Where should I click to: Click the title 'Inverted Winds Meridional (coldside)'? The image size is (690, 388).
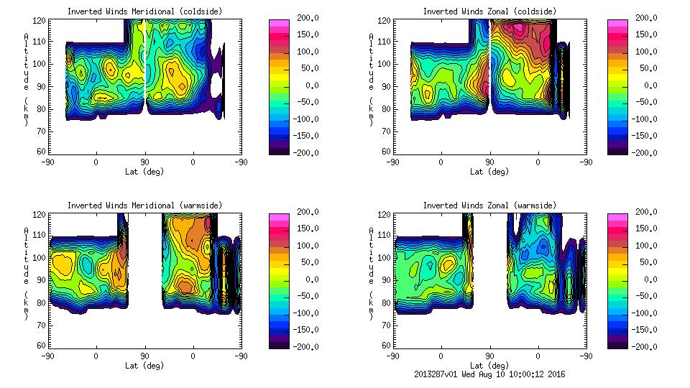coord(144,11)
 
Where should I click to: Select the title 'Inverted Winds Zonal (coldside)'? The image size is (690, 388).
coord(489,11)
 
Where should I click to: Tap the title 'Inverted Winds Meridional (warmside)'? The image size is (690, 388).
coord(144,205)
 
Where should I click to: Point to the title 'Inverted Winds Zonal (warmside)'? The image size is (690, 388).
coord(489,205)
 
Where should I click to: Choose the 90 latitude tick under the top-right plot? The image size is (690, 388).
coord(489,162)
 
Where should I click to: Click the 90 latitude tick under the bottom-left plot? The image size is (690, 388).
coord(144,356)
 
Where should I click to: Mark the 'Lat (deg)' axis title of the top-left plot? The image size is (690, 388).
coord(144,172)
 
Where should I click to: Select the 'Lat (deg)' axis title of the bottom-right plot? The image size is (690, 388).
coord(489,365)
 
